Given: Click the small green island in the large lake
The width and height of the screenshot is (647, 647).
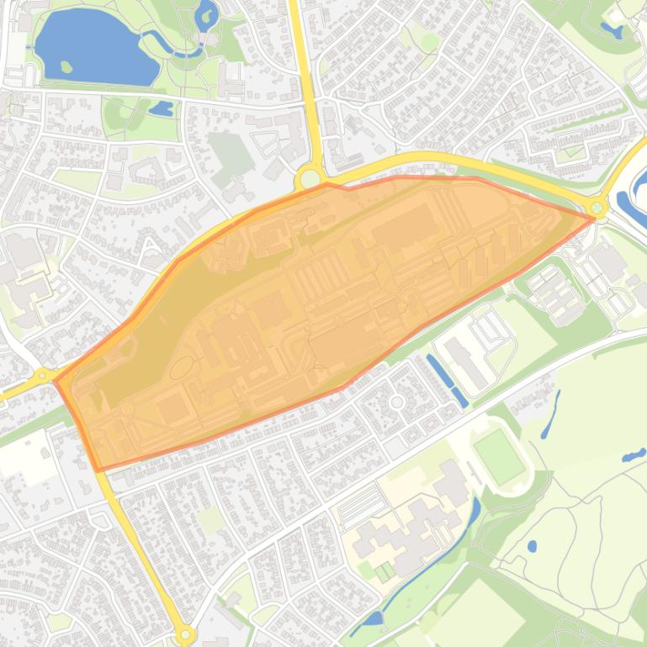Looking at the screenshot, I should [x=66, y=66].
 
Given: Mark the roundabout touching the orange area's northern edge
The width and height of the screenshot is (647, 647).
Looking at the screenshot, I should [x=310, y=178].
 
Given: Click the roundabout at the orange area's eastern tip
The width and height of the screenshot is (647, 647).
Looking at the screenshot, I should [x=597, y=207].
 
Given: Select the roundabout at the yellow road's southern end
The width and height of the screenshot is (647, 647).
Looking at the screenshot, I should [x=184, y=635].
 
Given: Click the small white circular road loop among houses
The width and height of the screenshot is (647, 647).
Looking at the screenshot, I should [x=396, y=402].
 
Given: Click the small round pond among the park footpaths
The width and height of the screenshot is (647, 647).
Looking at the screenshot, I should [x=532, y=546].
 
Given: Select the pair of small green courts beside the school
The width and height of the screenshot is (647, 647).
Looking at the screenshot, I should [x=384, y=573].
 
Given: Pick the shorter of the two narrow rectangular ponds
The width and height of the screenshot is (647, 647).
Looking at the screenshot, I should [x=459, y=397].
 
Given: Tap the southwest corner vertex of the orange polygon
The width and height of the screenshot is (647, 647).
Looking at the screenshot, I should [x=98, y=470].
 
